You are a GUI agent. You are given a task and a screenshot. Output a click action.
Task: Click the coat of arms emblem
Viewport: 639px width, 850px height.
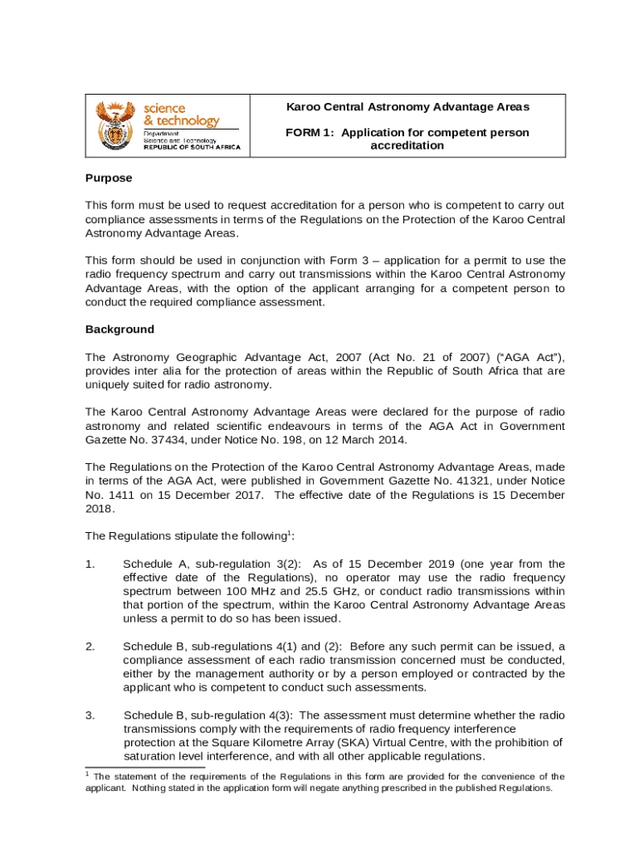point(115,125)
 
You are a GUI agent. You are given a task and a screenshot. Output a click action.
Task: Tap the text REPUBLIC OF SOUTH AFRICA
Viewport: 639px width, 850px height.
point(192,148)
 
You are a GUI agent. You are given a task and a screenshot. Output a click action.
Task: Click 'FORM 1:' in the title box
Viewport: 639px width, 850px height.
point(310,133)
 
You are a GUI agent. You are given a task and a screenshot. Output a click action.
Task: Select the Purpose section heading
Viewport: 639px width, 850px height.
point(109,178)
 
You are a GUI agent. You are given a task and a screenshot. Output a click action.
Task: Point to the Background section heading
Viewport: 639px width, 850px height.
point(120,330)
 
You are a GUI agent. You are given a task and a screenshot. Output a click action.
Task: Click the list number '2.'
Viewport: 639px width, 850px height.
point(90,646)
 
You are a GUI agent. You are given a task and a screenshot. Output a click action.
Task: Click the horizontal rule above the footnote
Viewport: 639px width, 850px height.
point(134,768)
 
